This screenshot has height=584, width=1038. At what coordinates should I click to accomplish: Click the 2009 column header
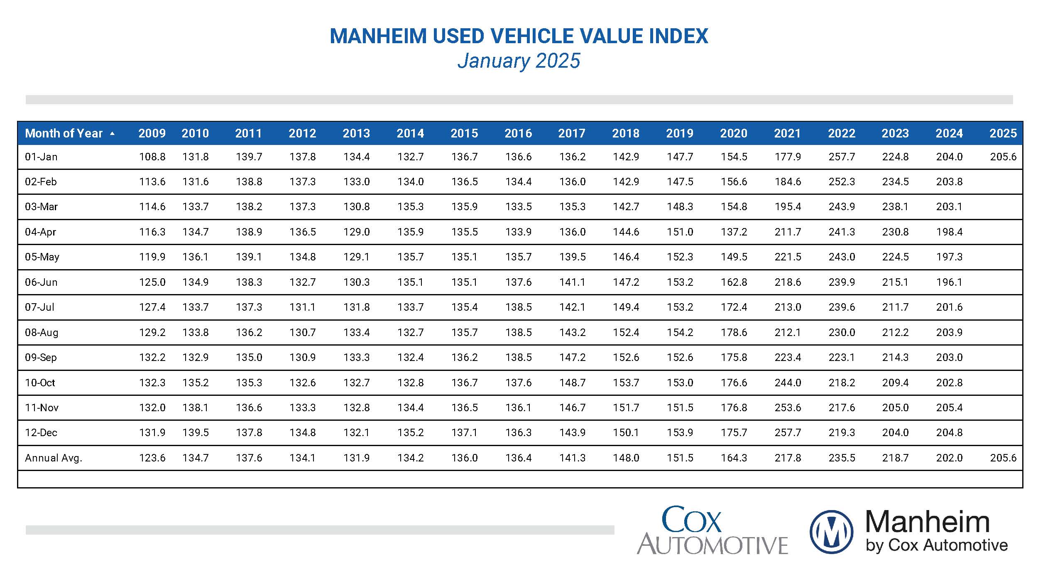click(x=152, y=133)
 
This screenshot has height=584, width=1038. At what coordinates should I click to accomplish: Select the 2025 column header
click(x=1003, y=133)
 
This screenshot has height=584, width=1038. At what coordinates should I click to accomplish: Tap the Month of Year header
click(x=64, y=133)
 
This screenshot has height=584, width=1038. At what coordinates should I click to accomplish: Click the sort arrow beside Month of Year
click(x=112, y=134)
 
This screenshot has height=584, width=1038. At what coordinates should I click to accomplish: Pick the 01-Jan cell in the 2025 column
click(x=1003, y=157)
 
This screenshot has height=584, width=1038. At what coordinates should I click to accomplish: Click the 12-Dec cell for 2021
click(x=787, y=433)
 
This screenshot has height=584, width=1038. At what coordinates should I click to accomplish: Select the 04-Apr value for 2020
click(x=734, y=232)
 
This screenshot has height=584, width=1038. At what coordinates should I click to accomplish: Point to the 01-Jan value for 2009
click(x=152, y=157)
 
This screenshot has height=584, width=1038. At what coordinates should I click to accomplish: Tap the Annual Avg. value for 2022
click(x=842, y=458)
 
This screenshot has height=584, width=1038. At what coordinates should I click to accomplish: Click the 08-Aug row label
click(x=42, y=332)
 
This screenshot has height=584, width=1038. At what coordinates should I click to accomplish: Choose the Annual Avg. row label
click(x=54, y=458)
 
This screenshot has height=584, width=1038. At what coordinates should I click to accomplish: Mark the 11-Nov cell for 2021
click(x=787, y=407)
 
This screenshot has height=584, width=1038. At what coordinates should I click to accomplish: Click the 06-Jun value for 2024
click(x=949, y=282)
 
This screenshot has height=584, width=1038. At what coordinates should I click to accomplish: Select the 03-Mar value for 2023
click(x=895, y=207)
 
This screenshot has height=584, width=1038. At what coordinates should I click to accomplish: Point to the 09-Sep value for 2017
click(x=572, y=357)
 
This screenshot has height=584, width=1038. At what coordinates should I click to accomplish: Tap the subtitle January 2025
click(x=519, y=61)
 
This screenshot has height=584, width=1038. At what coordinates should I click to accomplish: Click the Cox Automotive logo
click(x=712, y=531)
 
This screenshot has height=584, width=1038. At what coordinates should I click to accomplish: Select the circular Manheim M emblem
click(x=831, y=532)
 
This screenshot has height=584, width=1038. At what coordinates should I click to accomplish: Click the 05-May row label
click(x=42, y=257)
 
